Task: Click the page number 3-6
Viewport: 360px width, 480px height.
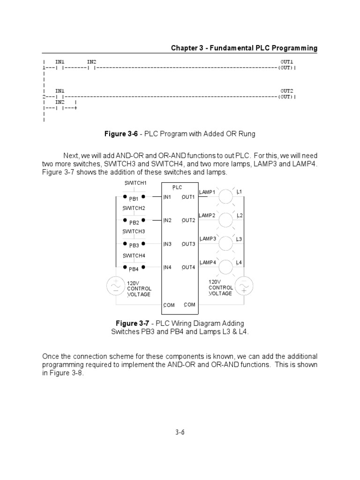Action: [180, 432]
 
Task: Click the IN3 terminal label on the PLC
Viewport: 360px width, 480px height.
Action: [167, 244]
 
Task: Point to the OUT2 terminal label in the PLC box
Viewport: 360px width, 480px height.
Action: [188, 220]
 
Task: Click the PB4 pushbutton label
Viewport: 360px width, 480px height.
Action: [134, 269]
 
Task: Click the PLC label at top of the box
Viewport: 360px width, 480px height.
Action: [177, 187]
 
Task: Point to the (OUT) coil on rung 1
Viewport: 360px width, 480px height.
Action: [285, 68]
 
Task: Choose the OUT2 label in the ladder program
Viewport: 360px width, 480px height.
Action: [287, 90]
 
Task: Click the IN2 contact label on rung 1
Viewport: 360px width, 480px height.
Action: [91, 62]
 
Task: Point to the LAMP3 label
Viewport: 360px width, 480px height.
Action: [208, 239]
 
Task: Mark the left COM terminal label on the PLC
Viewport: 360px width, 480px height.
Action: [169, 305]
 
